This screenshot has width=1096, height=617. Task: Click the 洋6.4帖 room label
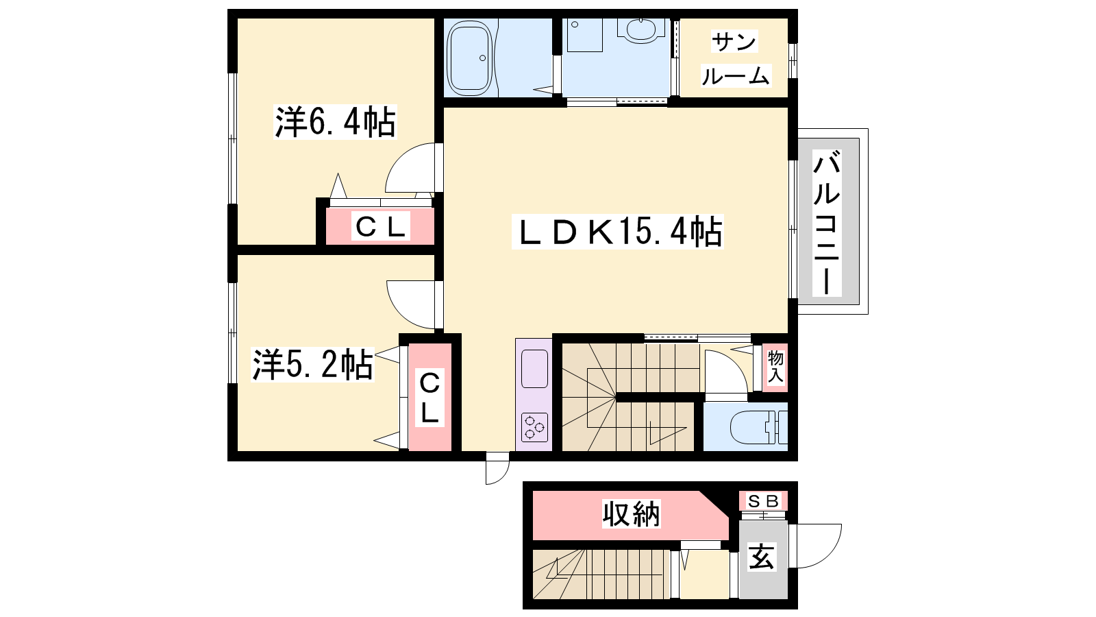[x=335, y=123]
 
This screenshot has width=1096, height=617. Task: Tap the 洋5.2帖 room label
[x=312, y=364]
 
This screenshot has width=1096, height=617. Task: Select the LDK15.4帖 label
[x=617, y=232]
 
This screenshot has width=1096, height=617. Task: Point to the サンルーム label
[x=736, y=59]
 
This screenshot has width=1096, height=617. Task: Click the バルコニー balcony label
[x=826, y=222]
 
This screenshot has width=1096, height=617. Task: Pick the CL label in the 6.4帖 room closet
[x=381, y=227]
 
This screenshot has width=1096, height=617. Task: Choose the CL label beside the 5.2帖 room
[x=429, y=398]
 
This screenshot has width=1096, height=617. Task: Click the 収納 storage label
[x=631, y=513]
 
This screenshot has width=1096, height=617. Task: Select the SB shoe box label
[x=764, y=501]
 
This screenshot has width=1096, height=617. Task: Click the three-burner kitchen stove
[x=534, y=428]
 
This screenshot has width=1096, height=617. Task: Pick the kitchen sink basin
[x=534, y=369]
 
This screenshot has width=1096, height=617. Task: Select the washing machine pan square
[x=585, y=35]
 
